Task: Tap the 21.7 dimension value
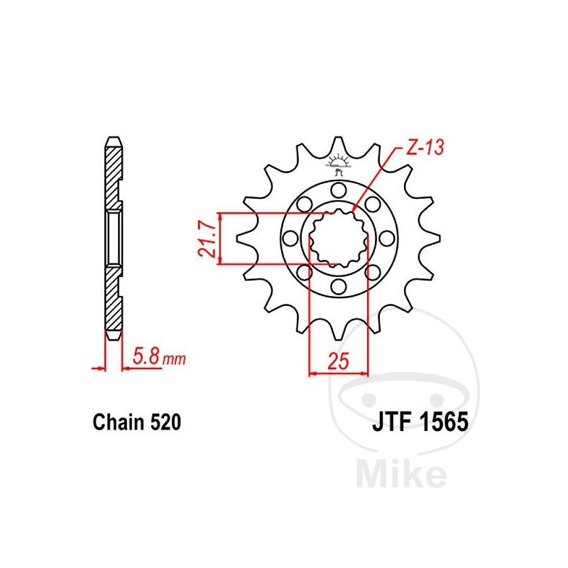point(208,240)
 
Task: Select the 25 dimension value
point(338,361)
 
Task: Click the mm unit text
point(174,359)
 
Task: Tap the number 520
point(165,422)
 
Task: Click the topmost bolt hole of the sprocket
point(339,190)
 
